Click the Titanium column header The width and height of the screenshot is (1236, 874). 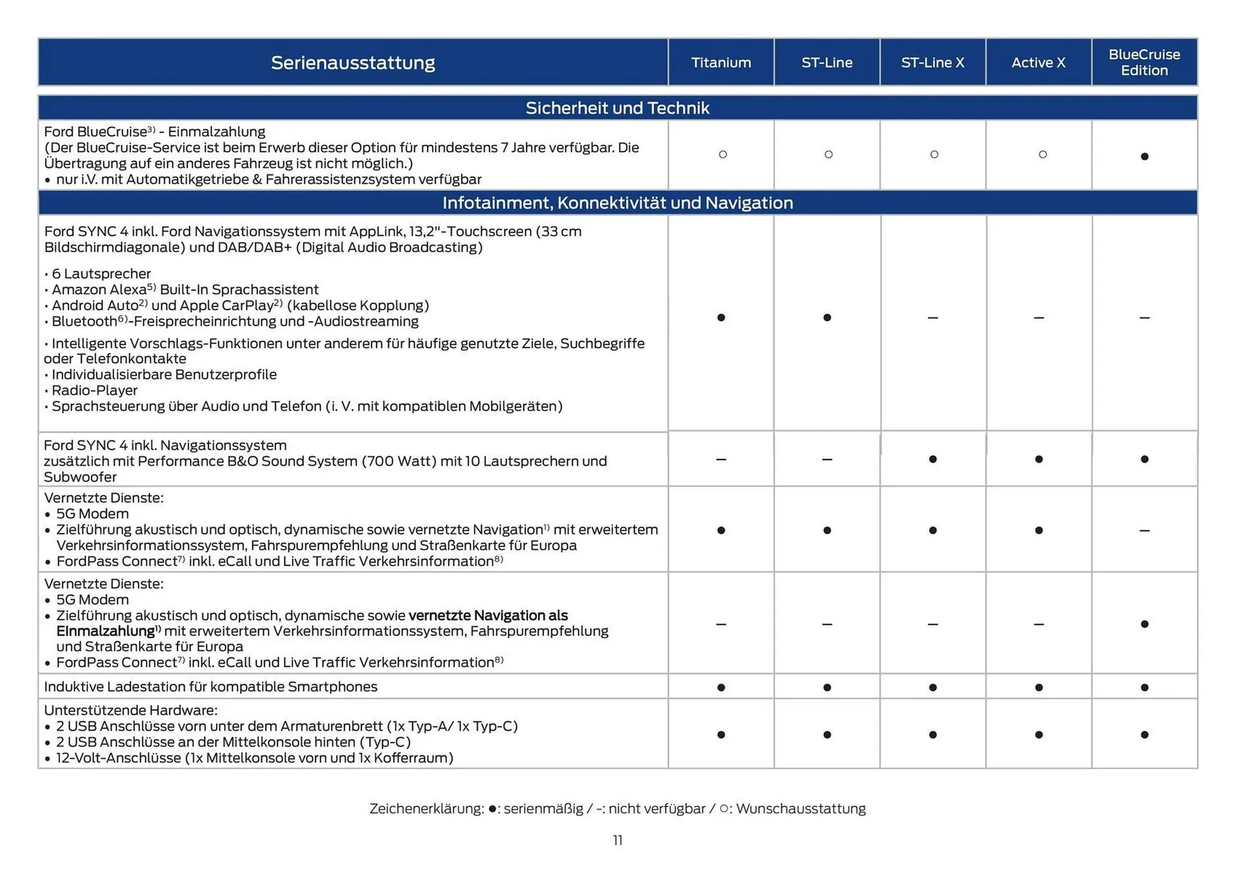click(x=720, y=62)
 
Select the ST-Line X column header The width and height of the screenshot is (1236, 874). click(x=932, y=62)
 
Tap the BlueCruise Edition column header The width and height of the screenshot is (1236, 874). click(x=1144, y=62)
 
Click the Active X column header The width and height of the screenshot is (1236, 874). click(x=1038, y=62)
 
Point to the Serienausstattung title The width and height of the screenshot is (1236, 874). click(x=353, y=62)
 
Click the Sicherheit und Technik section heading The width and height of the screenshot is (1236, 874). click(x=617, y=107)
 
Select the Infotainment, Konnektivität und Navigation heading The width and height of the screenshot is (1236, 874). click(x=617, y=203)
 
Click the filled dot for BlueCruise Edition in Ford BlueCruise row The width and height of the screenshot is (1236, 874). click(x=1144, y=156)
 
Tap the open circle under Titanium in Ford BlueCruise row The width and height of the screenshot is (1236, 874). click(x=722, y=154)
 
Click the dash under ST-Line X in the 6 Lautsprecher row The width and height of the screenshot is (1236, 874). click(x=932, y=318)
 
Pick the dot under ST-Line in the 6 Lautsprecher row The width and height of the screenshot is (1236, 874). click(x=827, y=317)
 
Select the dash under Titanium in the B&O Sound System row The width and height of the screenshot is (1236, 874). click(x=720, y=460)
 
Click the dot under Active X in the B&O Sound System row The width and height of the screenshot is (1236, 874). click(x=1038, y=459)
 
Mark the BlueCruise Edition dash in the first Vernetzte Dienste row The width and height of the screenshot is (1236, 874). click(x=1144, y=531)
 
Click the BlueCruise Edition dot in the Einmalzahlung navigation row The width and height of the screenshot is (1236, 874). click(x=1144, y=624)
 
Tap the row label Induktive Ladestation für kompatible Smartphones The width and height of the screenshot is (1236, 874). click(x=211, y=687)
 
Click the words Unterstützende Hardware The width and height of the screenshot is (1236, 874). click(x=130, y=710)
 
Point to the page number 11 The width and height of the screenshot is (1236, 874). click(x=617, y=841)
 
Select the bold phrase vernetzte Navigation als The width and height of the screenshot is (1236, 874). click(x=488, y=615)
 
